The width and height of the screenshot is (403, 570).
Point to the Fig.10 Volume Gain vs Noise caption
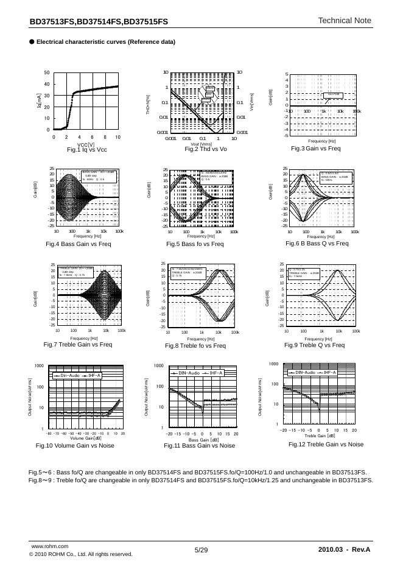click(75, 446)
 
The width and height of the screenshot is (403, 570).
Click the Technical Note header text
click(344, 21)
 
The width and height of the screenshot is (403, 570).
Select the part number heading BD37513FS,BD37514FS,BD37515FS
click(99, 21)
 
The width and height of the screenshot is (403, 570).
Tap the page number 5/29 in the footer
click(201, 550)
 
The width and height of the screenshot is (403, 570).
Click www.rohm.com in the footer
click(49, 548)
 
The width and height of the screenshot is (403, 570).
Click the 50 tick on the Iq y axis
click(47, 73)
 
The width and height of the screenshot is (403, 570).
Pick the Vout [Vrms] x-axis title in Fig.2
click(201, 144)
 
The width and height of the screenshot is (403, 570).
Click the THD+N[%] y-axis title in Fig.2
click(148, 103)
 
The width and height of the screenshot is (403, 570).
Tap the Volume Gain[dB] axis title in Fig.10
click(84, 438)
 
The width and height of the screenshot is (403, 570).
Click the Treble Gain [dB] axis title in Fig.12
click(320, 435)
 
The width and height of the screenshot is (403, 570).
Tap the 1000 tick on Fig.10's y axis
click(40, 366)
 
